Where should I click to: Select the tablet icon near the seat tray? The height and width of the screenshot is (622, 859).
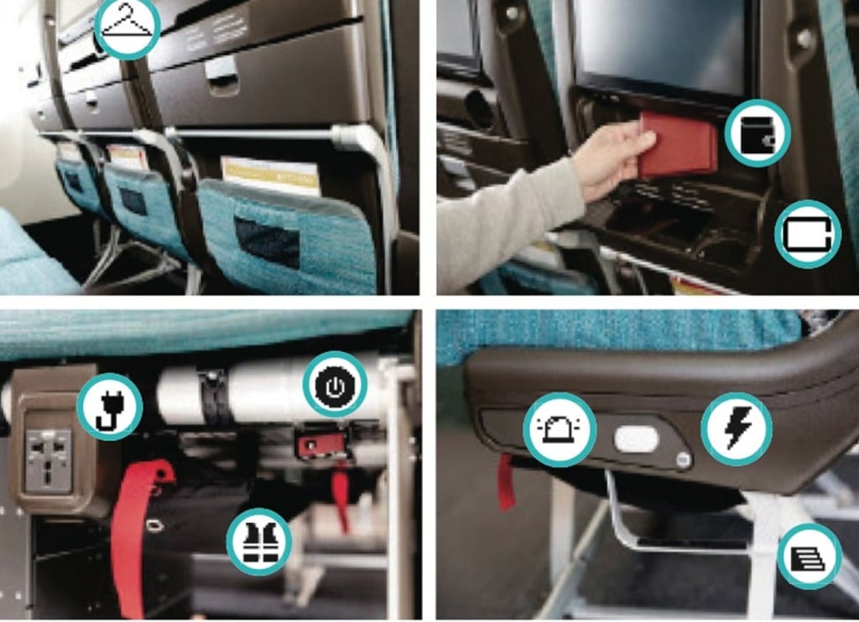click(x=808, y=234)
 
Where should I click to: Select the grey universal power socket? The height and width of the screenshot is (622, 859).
click(x=49, y=459)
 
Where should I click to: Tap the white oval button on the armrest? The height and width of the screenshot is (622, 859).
click(x=638, y=437)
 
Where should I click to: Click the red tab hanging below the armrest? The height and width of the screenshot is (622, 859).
click(x=506, y=483)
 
